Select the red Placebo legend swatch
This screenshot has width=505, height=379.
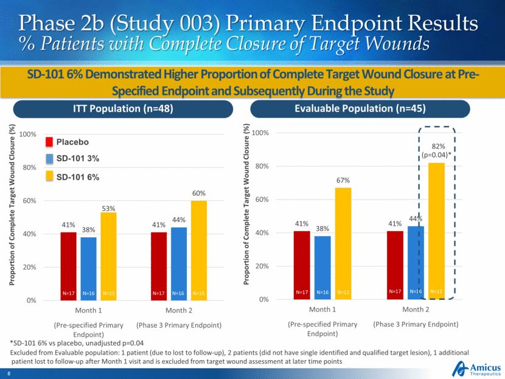[53, 142]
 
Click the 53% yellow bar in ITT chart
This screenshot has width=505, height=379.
[110, 256]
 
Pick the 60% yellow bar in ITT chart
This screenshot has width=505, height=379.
[200, 249]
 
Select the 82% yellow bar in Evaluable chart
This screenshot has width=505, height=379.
[436, 231]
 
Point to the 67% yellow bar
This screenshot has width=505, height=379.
[343, 243]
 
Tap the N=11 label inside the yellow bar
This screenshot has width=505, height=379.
[436, 293]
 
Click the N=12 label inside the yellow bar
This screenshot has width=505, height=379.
[343, 293]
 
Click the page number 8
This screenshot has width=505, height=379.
[9, 372]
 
